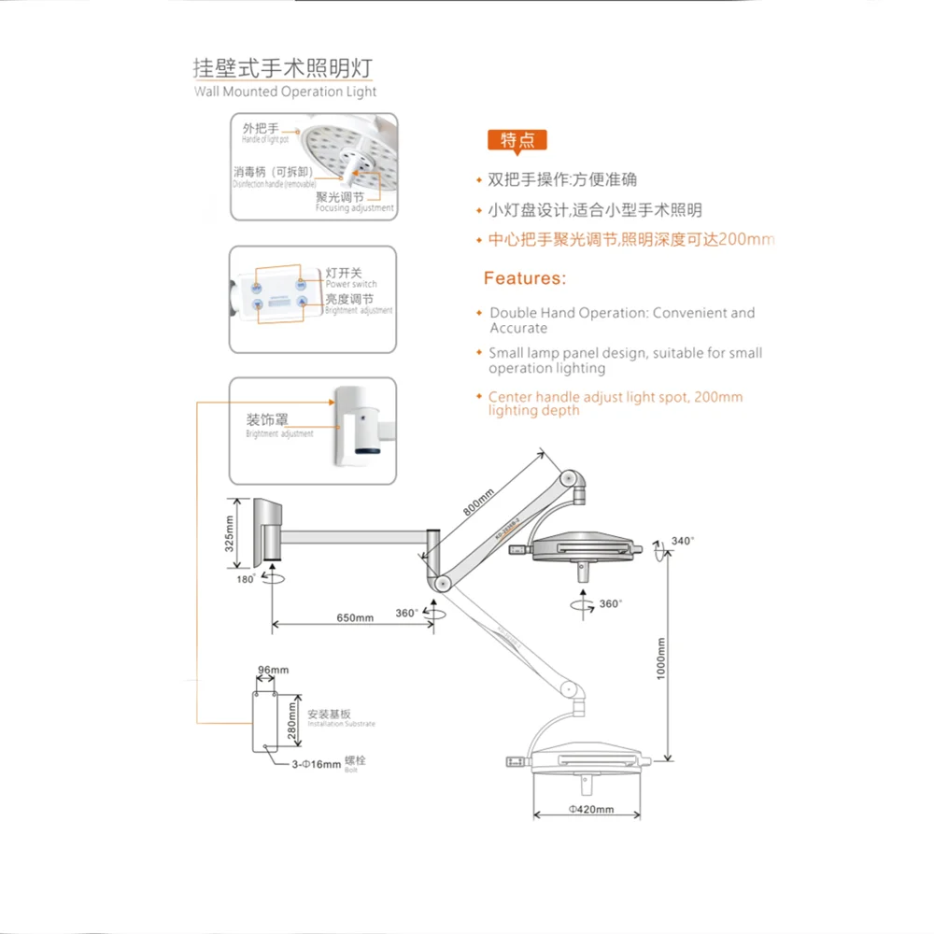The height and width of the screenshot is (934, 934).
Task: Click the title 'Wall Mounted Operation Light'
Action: [285, 92]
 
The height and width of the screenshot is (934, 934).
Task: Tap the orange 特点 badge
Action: [517, 141]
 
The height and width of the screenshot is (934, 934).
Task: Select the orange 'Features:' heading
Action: [524, 278]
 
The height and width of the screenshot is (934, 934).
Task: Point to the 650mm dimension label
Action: [354, 618]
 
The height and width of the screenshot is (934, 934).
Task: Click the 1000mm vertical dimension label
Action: [660, 658]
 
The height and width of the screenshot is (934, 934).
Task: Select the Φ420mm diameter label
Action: [590, 810]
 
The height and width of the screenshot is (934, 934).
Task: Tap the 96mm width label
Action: [272, 670]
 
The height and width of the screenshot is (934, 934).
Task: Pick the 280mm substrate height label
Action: [291, 719]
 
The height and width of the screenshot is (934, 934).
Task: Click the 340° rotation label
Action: [683, 541]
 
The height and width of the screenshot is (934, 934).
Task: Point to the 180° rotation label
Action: [247, 580]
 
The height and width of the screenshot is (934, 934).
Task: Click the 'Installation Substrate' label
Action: [341, 725]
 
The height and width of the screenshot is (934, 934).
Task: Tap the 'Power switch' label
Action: [350, 284]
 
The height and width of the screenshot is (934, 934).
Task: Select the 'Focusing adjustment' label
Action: [354, 208]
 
